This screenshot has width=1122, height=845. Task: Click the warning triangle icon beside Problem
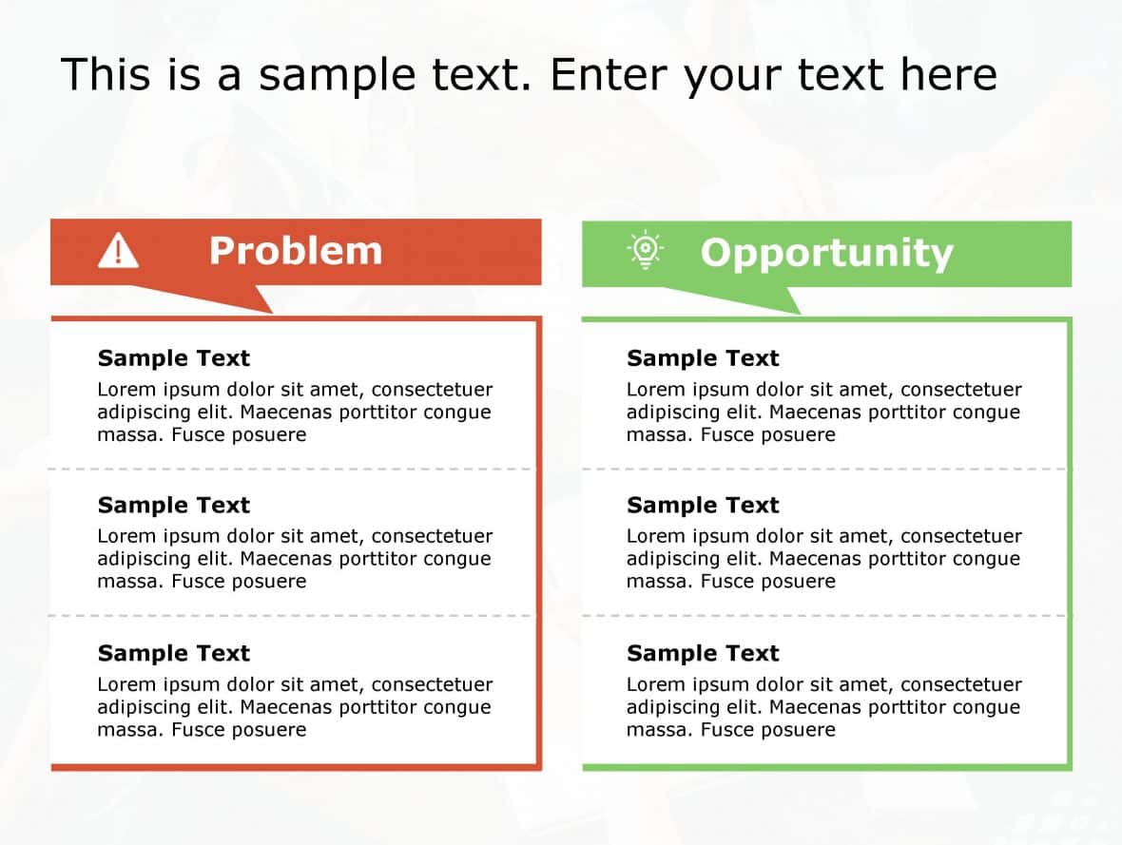[x=118, y=251]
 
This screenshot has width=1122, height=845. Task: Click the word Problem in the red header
[x=295, y=251]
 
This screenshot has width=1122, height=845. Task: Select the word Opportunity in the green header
[x=826, y=254]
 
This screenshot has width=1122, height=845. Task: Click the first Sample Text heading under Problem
[x=174, y=358]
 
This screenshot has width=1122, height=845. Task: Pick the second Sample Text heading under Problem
[x=174, y=505]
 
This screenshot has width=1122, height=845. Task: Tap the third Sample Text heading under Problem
[x=174, y=653]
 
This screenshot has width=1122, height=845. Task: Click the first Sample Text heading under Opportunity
[x=703, y=358]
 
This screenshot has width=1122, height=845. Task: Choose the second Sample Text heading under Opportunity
[x=703, y=505]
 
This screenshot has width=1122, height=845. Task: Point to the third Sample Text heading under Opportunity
[x=703, y=653]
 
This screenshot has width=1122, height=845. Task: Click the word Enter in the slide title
[x=610, y=74]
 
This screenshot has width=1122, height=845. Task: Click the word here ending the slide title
[x=951, y=74]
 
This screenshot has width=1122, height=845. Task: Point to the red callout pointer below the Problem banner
[x=238, y=299]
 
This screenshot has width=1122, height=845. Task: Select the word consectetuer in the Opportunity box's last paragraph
[x=961, y=684]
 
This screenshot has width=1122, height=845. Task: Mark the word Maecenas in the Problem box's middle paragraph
[x=283, y=559]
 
